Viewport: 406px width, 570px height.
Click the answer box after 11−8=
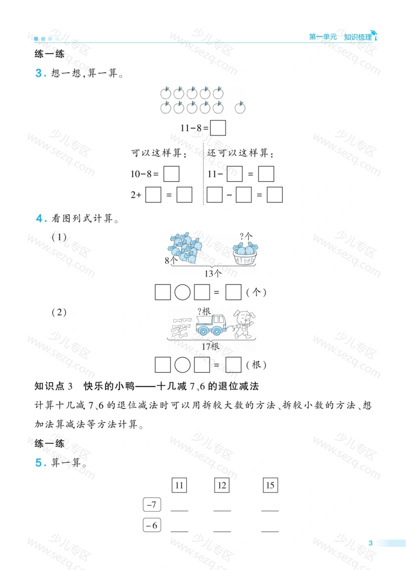(218, 128)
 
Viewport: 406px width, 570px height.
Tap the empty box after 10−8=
(172, 174)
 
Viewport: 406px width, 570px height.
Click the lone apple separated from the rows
(240, 108)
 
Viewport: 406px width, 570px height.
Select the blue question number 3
(41, 73)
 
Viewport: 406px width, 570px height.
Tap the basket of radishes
(245, 253)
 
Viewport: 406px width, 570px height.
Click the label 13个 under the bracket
(213, 273)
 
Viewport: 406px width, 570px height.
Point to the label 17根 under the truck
(211, 346)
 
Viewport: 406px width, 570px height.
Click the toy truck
(211, 325)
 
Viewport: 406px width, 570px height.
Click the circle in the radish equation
(182, 292)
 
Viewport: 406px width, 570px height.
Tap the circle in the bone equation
(182, 365)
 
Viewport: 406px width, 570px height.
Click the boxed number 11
(179, 485)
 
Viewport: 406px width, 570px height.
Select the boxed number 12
(221, 485)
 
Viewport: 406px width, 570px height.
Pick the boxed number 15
(270, 485)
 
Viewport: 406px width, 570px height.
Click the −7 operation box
(152, 504)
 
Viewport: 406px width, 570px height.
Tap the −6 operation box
(152, 525)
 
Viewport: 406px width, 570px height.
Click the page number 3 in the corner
(370, 543)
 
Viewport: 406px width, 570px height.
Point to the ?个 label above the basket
(246, 236)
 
